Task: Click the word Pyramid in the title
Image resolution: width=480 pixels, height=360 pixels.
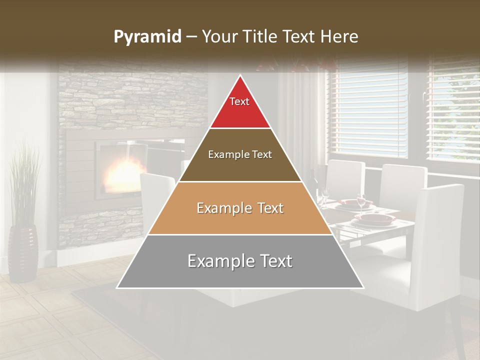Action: coord(147,37)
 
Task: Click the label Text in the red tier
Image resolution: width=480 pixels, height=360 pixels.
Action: coord(239,101)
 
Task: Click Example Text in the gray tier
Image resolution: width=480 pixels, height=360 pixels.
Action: coord(240,261)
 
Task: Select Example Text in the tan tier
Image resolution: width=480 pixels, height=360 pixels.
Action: coord(240,208)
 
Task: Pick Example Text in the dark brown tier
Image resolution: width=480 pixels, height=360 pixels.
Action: coord(240,154)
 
